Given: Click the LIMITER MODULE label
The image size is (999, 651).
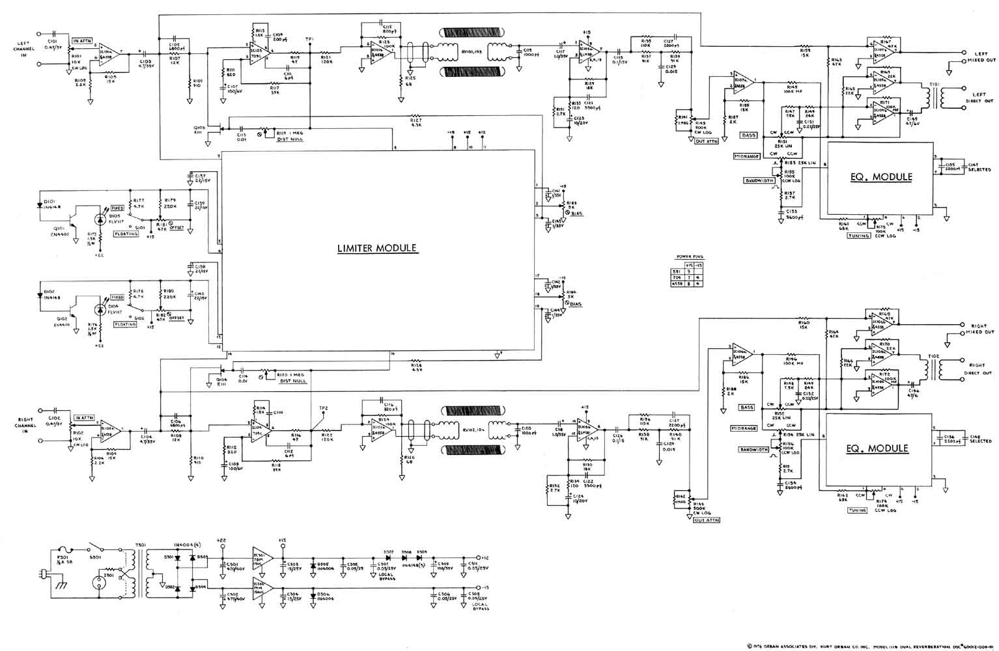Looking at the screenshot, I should (377, 248).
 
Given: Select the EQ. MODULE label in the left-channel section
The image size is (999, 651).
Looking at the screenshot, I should (881, 177).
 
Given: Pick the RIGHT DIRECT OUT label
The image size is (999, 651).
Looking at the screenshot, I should (981, 369).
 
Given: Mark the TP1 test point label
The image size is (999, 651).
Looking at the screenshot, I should (310, 39).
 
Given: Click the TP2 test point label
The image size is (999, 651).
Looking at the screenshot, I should (323, 408).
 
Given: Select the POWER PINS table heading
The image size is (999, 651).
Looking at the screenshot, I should (688, 258).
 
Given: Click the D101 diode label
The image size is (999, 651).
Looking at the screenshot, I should (46, 193).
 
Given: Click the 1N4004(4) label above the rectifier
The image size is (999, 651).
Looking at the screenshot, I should (187, 544).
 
